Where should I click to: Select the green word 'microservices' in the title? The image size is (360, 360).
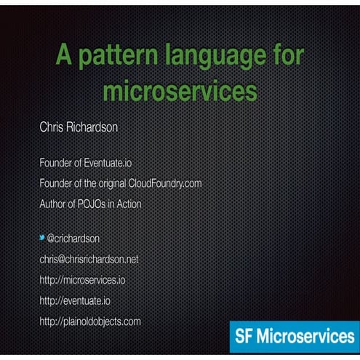coord(180,91)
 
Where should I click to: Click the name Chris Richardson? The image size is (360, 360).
coord(79,127)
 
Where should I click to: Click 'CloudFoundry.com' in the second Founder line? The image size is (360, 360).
coord(164,183)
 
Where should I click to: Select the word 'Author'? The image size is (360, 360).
coord(53,204)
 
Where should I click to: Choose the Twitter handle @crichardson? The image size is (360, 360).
coord(76,238)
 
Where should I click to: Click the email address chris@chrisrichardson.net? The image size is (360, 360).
coord(89,259)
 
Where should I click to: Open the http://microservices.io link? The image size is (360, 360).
coord(82,279)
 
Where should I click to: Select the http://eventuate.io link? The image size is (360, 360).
coord(75,300)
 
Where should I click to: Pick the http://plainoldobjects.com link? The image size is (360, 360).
coord(90,321)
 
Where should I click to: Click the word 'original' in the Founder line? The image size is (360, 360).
coord(111,183)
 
